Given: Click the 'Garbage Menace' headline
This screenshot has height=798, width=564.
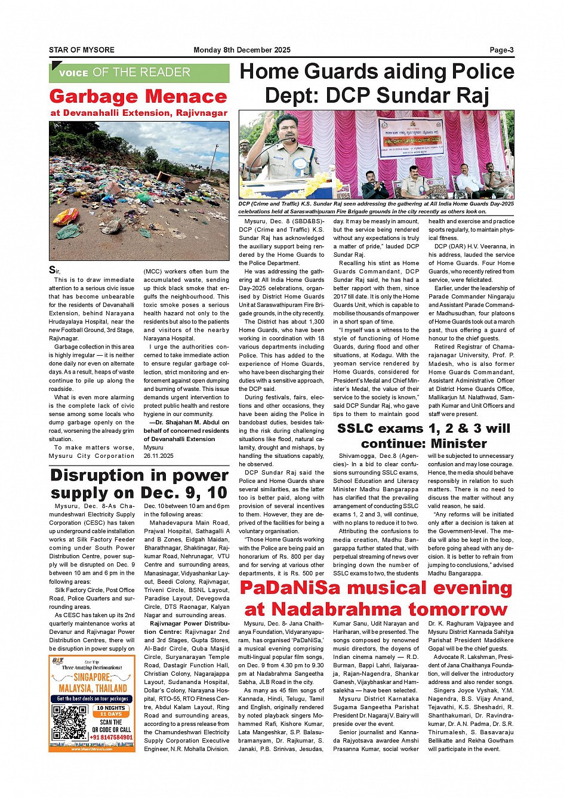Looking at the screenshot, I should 138,97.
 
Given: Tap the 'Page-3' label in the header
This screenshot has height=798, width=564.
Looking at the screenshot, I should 501,50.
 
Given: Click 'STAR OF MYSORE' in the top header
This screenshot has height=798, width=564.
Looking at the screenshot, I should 82,50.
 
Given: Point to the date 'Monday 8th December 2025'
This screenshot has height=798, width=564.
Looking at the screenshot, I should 242,50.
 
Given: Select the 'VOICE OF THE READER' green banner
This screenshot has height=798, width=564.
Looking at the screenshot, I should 139,73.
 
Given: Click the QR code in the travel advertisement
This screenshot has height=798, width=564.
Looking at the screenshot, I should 69,723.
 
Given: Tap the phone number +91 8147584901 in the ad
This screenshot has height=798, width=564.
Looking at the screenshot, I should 112,738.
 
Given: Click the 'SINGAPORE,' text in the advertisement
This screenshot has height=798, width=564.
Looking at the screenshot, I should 93,677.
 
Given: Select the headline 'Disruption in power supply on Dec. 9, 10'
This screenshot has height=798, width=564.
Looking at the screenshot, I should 139,484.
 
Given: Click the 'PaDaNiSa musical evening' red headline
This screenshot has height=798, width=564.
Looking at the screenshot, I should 376,589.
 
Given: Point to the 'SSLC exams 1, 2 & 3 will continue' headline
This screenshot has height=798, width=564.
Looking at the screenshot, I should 424,436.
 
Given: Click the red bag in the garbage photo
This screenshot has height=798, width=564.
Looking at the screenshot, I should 66,216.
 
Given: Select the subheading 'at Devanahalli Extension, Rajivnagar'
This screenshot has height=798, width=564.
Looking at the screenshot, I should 139,113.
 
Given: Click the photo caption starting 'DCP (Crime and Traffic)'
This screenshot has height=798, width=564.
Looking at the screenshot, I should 376,207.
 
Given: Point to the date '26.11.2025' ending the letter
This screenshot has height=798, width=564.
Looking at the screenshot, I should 158,456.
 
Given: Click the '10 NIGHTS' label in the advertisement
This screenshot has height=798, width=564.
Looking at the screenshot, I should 111,708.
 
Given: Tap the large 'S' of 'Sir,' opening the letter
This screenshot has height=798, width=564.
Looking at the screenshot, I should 53,270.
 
